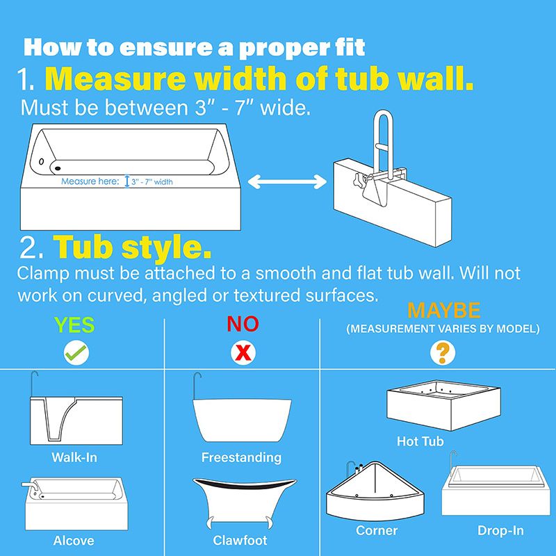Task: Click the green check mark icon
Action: [76, 352]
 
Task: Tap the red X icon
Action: [243, 353]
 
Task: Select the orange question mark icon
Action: [443, 353]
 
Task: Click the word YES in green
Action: [74, 325]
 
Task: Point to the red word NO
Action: [243, 324]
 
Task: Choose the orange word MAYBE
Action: [444, 311]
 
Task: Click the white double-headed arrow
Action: [287, 182]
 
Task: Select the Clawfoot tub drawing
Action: [245, 502]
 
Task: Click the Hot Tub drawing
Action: [443, 405]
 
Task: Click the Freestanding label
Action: [241, 457]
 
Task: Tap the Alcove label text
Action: [74, 541]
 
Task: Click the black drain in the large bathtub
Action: [58, 168]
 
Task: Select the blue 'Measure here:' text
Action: [90, 181]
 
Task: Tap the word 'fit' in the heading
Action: [350, 47]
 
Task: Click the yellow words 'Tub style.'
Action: [132, 247]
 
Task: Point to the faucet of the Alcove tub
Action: [30, 485]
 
